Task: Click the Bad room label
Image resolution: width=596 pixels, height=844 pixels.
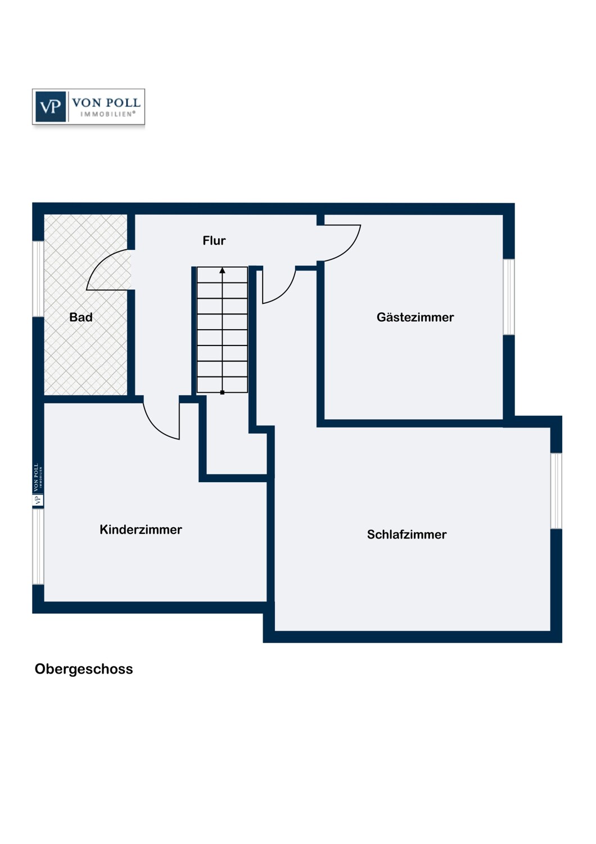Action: tap(81, 317)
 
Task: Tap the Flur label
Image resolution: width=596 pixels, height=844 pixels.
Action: tap(214, 240)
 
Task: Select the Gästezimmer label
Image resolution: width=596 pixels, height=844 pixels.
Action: tap(416, 317)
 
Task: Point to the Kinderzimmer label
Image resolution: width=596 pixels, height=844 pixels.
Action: tap(141, 529)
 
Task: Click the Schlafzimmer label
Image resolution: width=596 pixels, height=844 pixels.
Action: tap(407, 535)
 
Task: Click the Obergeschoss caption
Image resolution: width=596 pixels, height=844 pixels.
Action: tap(84, 669)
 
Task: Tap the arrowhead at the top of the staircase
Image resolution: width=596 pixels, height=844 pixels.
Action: tap(223, 270)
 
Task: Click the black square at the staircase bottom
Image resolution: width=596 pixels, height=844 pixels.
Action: tap(223, 393)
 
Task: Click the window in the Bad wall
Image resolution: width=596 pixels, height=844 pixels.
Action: tap(38, 279)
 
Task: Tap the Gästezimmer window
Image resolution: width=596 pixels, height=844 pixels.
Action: tap(509, 297)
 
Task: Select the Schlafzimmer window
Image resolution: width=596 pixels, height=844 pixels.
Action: tap(557, 491)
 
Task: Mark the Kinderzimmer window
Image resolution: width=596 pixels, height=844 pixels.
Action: tap(38, 547)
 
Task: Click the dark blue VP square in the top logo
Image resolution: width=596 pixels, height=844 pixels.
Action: tap(51, 107)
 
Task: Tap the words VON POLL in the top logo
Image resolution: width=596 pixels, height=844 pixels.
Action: tap(106, 102)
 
